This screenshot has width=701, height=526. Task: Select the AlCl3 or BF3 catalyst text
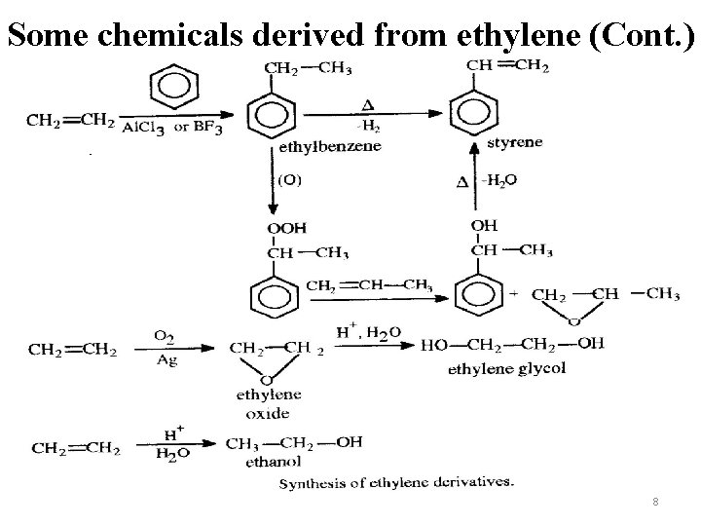coord(168,129)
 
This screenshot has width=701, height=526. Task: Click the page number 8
coord(656,502)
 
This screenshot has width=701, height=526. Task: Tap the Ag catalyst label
coord(166,358)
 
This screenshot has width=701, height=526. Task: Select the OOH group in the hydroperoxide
coord(286,228)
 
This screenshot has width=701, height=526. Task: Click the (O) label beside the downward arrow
coord(291,179)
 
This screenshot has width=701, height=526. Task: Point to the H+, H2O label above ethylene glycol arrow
coord(368,332)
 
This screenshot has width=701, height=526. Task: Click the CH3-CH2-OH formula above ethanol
coord(294,441)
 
